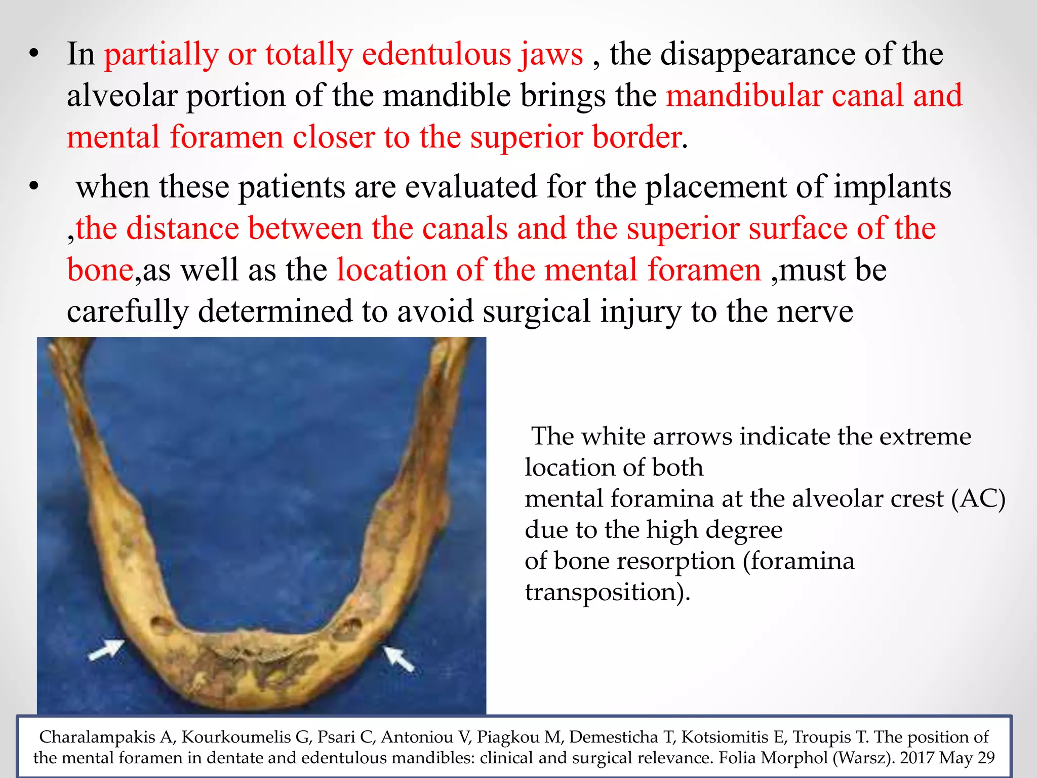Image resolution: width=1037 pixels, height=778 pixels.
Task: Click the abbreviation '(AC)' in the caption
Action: pos(978,499)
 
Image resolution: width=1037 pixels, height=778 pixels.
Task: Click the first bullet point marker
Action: pos(34,54)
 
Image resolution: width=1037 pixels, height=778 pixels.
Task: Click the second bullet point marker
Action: pos(34,187)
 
